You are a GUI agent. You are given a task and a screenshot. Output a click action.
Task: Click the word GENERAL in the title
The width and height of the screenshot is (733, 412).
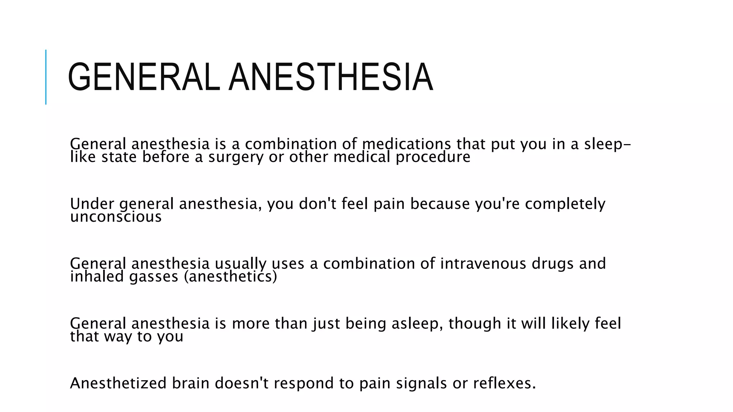(x=144, y=77)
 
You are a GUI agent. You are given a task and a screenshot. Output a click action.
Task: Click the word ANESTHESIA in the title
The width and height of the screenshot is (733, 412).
(x=331, y=77)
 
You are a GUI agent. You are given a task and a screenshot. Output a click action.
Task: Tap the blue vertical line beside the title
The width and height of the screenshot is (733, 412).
(x=46, y=77)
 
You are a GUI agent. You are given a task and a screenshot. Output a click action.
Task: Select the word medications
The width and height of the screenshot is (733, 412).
(x=406, y=144)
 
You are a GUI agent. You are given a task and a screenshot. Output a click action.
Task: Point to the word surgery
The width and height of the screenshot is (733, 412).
(x=236, y=157)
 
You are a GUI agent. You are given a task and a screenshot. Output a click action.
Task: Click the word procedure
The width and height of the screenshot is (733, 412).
(x=433, y=157)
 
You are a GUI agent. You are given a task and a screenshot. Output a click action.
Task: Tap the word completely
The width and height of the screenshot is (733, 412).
(x=565, y=203)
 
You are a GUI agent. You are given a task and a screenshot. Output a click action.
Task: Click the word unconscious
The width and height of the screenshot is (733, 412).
(x=116, y=217)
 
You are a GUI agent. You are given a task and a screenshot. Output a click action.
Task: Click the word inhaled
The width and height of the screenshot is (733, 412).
(x=97, y=276)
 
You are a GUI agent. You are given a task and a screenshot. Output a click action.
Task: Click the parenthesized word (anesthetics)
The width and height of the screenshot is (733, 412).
(x=230, y=276)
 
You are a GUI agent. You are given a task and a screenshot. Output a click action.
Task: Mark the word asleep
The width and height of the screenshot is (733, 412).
(x=415, y=323)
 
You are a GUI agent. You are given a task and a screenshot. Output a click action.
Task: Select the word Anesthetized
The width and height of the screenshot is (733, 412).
(x=118, y=383)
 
